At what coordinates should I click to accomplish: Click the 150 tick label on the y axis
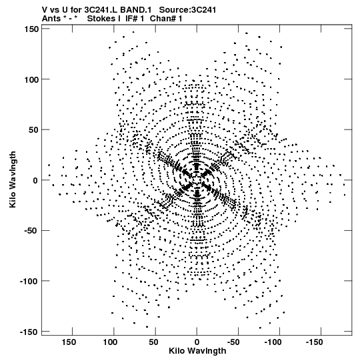click(x=31, y=29)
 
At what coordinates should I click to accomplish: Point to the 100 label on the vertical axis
click(x=31, y=79)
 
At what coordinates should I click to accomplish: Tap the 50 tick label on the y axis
click(x=33, y=130)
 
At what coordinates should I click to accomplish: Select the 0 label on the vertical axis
click(x=35, y=180)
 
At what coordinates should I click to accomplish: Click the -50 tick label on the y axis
click(x=31, y=231)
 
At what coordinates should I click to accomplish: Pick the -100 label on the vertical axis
click(x=29, y=282)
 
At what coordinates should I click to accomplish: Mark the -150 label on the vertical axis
click(x=29, y=332)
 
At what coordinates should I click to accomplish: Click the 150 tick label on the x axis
click(x=69, y=342)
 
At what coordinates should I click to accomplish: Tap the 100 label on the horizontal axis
click(x=110, y=342)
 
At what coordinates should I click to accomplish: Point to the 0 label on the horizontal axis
click(x=197, y=342)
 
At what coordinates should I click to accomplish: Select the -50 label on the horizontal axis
click(x=233, y=342)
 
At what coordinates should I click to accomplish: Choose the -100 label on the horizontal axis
click(x=273, y=342)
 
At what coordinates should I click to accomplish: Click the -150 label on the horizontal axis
click(x=315, y=342)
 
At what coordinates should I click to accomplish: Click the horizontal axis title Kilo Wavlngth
click(x=197, y=351)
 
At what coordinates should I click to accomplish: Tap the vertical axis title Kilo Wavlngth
click(x=13, y=179)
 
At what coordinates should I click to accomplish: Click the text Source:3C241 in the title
click(x=187, y=10)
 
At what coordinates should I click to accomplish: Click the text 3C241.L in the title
click(x=100, y=10)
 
